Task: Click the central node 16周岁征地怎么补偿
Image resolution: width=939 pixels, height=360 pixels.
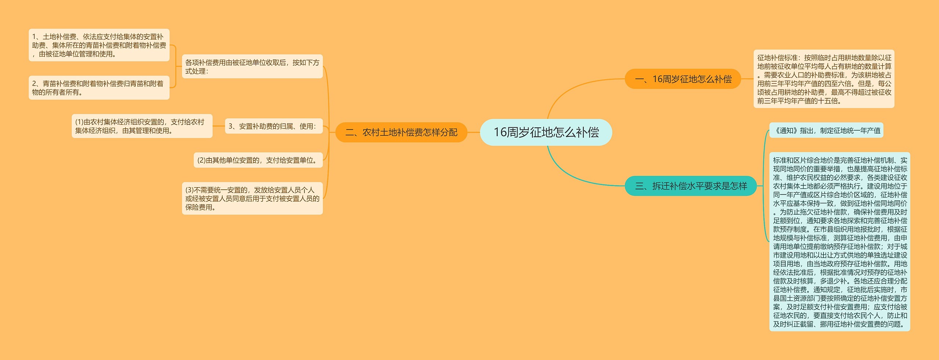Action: point(546,132)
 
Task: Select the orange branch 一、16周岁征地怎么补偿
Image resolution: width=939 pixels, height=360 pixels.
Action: point(683,79)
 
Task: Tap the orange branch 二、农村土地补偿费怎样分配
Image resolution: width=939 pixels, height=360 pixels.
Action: point(401,132)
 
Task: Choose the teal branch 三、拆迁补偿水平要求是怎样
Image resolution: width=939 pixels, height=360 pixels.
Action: point(690,186)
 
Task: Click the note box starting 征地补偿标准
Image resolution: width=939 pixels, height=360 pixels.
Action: point(824,79)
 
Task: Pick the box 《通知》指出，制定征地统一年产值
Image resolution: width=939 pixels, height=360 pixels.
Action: point(826,130)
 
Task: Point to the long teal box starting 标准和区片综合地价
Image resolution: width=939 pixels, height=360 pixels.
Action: point(840,242)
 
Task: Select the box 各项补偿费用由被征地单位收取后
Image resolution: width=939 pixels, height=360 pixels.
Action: point(252,66)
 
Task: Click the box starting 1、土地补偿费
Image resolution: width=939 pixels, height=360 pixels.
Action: point(99,45)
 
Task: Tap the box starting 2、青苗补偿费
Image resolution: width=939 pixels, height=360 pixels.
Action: point(99,88)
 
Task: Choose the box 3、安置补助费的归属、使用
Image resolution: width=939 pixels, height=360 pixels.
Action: point(273,126)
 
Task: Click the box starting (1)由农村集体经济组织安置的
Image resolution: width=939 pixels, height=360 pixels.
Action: point(142,126)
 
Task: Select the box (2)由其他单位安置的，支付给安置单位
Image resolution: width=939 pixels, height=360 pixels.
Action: point(258,160)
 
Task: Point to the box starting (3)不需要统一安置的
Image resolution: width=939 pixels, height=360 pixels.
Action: point(252,199)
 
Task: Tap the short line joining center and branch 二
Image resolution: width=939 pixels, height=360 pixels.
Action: point(474,132)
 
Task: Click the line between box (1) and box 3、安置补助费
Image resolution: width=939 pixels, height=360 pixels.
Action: point(219,126)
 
